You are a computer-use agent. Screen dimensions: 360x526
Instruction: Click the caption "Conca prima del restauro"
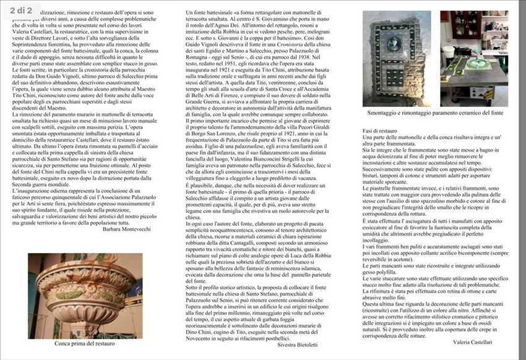point(85,342)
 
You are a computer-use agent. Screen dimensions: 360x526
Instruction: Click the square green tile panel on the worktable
point(477,64)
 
